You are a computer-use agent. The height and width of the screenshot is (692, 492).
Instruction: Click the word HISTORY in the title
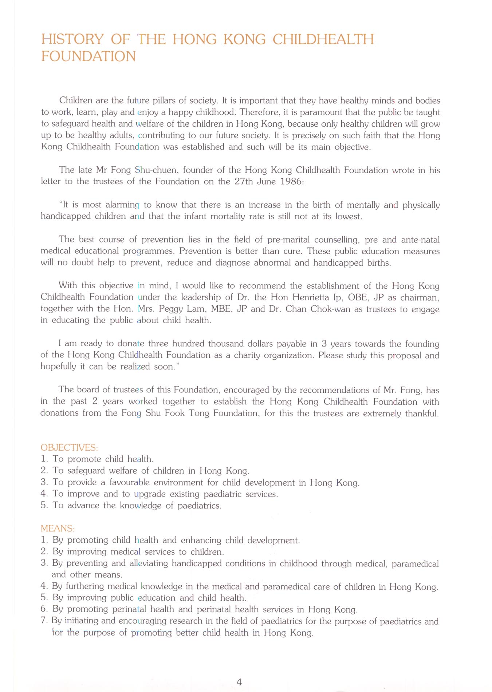pyautogui.click(x=72, y=39)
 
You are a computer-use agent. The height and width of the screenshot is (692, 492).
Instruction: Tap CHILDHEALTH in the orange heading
pyautogui.click(x=323, y=39)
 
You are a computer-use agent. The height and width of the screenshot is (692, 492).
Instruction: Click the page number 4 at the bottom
pyautogui.click(x=239, y=682)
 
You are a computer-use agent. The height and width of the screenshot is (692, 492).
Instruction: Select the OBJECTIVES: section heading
pyautogui.click(x=69, y=447)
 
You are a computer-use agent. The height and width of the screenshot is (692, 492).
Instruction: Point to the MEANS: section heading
pyautogui.click(x=58, y=528)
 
